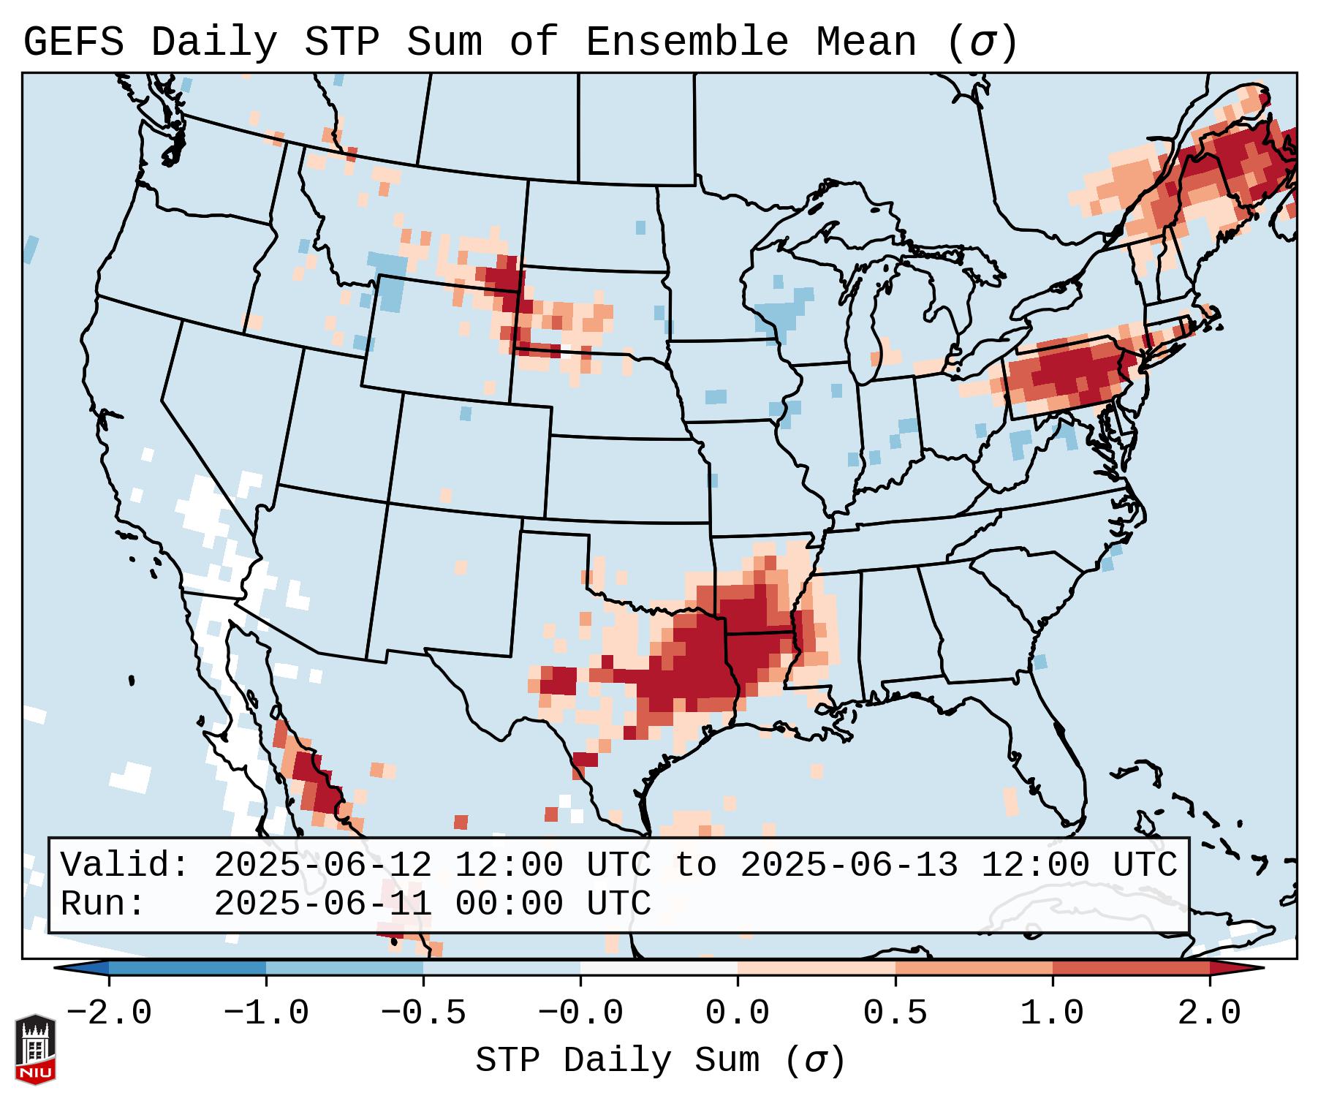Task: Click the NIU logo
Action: [x=35, y=1048]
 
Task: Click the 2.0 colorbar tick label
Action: [x=1209, y=1013]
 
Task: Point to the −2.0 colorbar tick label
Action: [x=109, y=1013]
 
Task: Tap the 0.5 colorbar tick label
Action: [x=895, y=1013]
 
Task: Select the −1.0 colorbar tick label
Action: [x=266, y=1013]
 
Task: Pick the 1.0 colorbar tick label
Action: [x=1052, y=1013]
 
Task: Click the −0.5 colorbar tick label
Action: [x=423, y=1013]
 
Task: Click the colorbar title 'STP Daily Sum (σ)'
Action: [x=660, y=1060]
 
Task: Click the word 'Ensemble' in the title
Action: [x=686, y=42]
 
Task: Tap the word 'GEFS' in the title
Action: [x=73, y=42]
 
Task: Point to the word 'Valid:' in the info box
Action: [x=125, y=865]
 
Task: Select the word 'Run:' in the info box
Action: [x=103, y=904]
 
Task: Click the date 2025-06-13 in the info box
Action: [x=849, y=865]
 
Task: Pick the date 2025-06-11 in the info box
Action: [x=322, y=904]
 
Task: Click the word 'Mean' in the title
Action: [x=866, y=42]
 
